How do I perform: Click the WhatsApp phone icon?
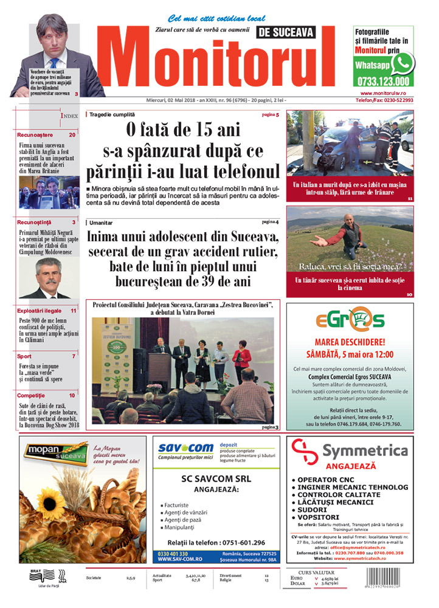(x=401, y=63)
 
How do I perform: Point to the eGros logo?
(x=350, y=319)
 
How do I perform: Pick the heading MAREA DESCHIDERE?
(x=350, y=342)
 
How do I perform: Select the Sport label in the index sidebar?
(x=25, y=356)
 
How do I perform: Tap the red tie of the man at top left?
(x=54, y=61)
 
